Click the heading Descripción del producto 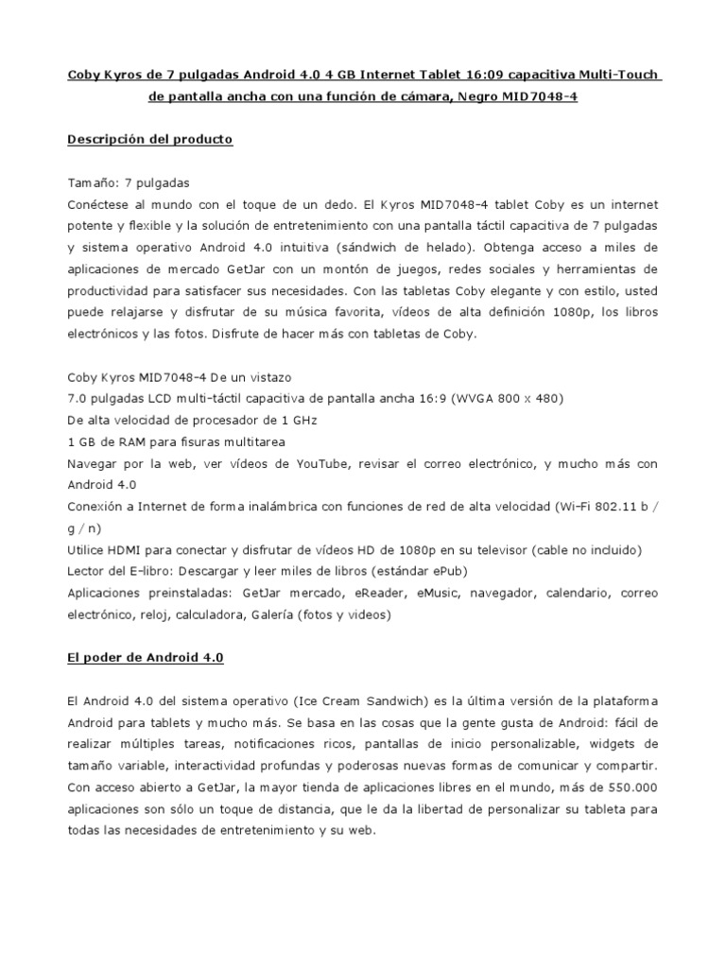tap(150, 139)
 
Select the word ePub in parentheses tap(448, 571)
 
